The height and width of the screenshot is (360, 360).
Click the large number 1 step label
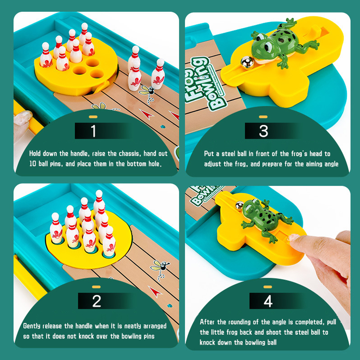tap(93, 131)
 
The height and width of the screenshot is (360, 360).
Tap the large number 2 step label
tap(97, 301)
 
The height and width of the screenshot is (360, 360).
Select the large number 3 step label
tap(263, 131)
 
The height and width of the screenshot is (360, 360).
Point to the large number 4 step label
tap(268, 301)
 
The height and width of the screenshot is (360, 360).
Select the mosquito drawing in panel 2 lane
tap(160, 269)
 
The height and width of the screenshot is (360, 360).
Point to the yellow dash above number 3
tap(263, 117)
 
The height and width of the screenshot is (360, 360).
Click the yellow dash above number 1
tap(93, 117)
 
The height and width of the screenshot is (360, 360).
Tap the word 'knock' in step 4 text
tap(207, 342)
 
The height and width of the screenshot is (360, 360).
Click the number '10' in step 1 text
tap(32, 164)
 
